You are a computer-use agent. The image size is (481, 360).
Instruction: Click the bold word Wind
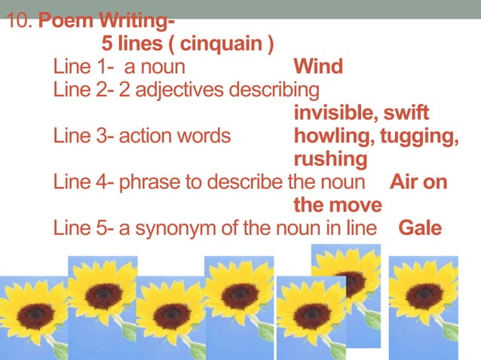pos(317,67)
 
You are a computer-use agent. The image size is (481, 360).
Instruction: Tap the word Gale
pos(420,228)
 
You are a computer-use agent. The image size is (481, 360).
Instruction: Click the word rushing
pos(330,160)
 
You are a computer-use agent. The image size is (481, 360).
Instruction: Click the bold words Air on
pos(418,183)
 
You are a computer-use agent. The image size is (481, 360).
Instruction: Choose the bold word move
pos(354,206)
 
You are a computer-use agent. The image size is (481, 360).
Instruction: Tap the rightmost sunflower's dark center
pos(423,296)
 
